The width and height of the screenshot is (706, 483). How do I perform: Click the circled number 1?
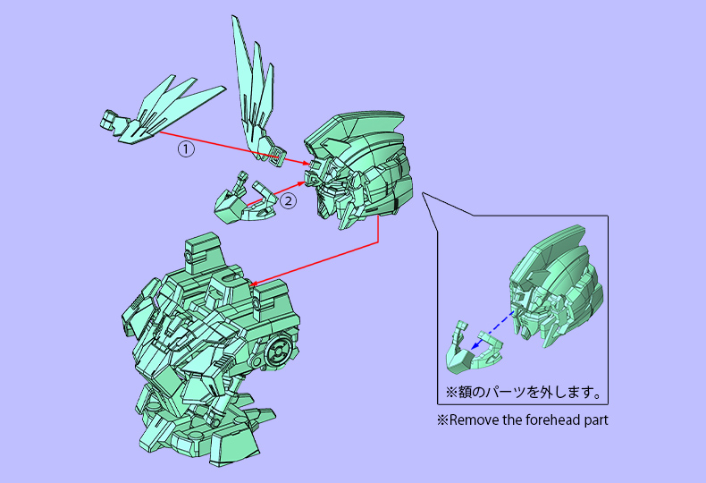coord(185,149)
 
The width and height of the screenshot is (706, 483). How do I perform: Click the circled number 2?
coord(288,201)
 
